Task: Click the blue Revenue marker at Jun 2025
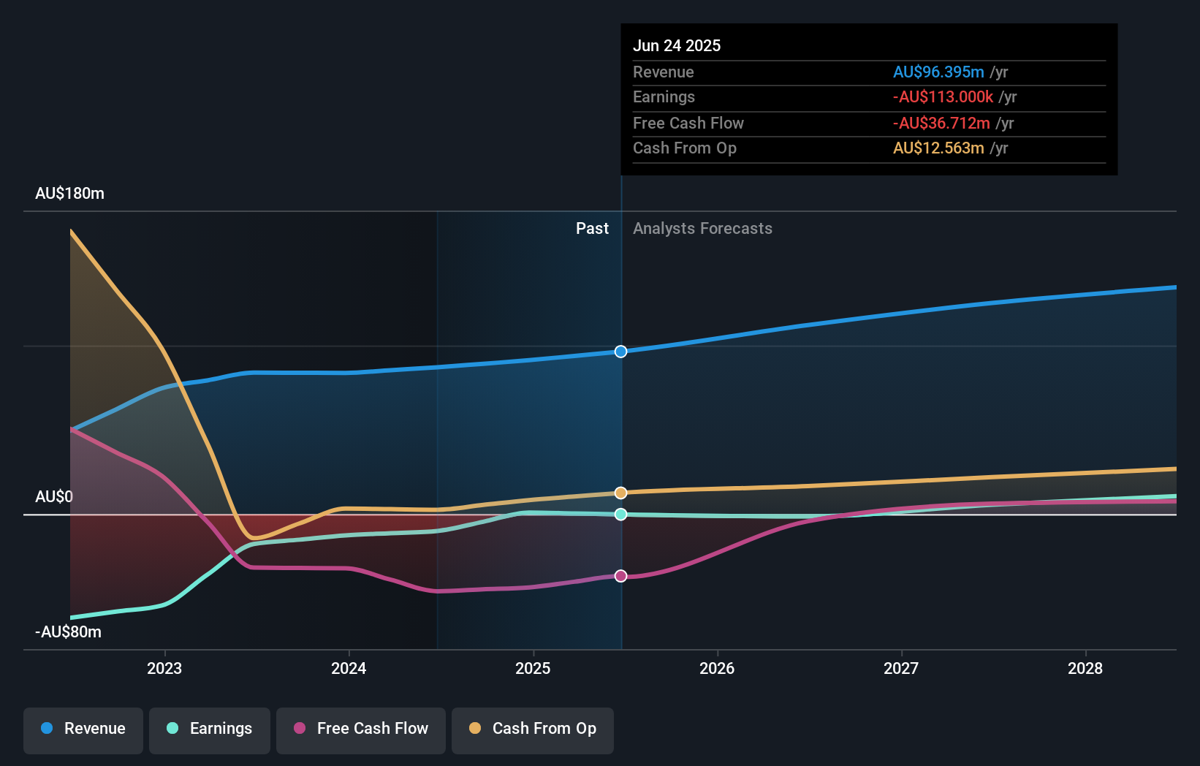point(620,352)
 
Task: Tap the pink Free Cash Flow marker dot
point(620,576)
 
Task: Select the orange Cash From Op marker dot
point(620,493)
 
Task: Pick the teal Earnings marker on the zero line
point(620,515)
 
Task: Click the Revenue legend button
point(83,729)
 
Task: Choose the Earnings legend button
point(210,729)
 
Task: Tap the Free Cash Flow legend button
point(361,729)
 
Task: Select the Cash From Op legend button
point(533,729)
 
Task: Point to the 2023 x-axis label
point(164,668)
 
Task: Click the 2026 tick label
point(717,668)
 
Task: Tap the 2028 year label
point(1085,668)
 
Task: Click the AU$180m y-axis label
point(69,194)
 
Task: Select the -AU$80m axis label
point(68,632)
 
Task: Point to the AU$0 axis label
point(54,497)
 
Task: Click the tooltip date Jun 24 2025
point(677,45)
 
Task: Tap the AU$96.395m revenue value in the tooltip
point(938,72)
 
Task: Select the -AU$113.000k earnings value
point(943,97)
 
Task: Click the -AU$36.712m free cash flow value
point(941,123)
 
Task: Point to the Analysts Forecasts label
point(702,229)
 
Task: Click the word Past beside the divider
point(592,229)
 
